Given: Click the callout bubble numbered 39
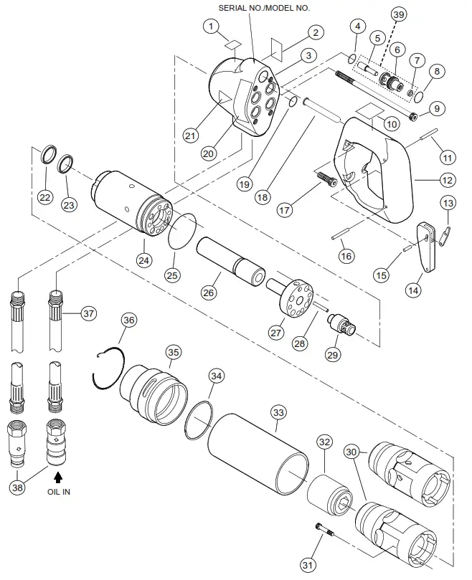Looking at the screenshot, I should pos(397,15).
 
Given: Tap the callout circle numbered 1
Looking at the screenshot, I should pos(210,27).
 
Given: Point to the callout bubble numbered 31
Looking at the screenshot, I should pos(308,566).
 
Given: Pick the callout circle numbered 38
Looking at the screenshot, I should pos(18,487).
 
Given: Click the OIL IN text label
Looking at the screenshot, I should pos(59,492).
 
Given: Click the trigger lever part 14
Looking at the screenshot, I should pos(428,247).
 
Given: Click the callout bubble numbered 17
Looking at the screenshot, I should pos(284,210).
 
